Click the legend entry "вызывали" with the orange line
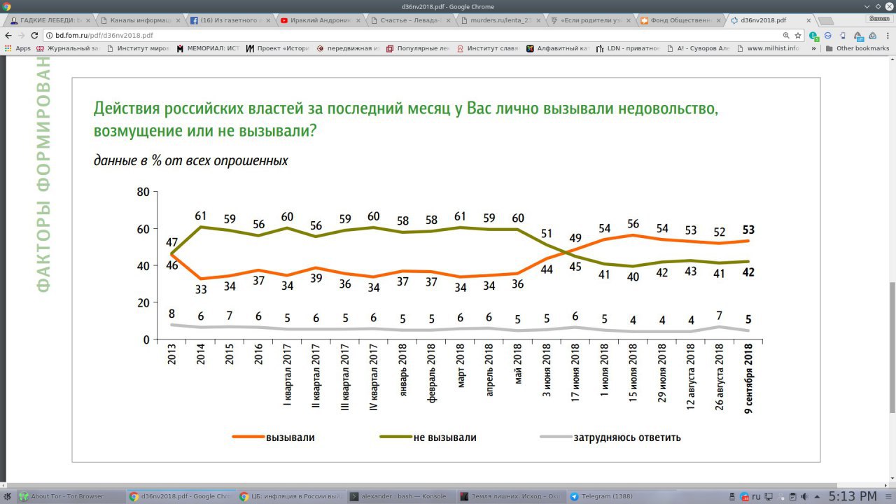(290, 437)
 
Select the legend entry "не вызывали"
(444, 437)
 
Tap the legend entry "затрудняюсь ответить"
(626, 437)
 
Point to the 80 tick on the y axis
(143, 192)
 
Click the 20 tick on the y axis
(143, 302)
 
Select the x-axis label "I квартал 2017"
(287, 378)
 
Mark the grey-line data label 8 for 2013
(172, 314)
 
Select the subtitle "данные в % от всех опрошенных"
(191, 160)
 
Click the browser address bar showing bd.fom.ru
(413, 35)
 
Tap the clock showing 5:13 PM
(852, 496)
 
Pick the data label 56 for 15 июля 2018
(633, 224)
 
